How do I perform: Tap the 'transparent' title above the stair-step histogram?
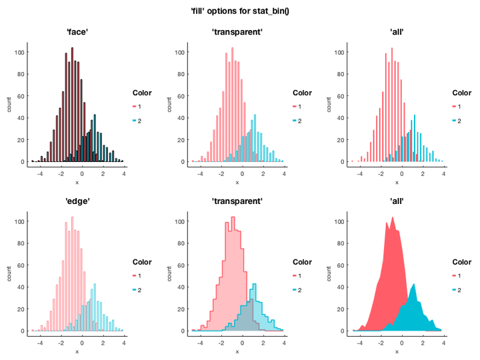238,201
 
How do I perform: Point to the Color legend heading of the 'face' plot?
143,93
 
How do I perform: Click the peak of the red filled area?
387,219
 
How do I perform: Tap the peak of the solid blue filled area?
414,285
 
